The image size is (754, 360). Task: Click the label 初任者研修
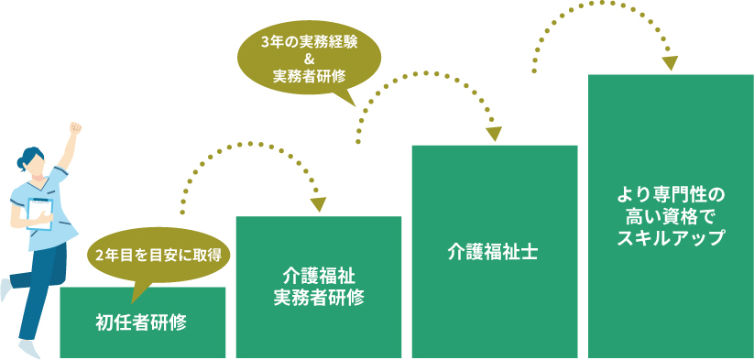142,322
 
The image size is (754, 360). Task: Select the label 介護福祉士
493,252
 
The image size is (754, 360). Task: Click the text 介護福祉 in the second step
319,275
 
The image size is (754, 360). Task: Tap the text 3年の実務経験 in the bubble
309,41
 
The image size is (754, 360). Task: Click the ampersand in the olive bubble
309,59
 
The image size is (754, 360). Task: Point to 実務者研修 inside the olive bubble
309,76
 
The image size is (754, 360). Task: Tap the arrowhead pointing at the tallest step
671,63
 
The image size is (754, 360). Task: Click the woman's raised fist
75,127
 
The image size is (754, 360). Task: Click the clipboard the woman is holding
38,211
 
